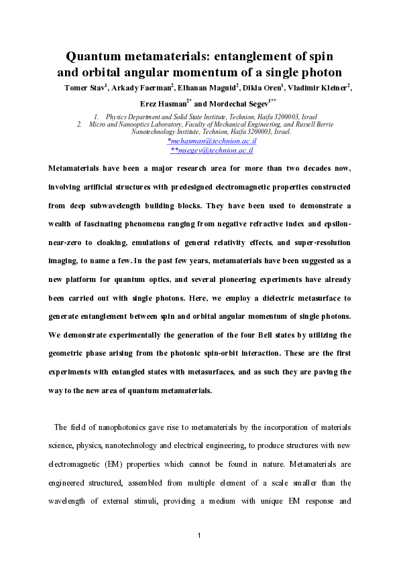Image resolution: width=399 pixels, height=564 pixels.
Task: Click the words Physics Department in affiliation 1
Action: click(135, 117)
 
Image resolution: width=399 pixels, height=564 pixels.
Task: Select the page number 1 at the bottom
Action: click(200, 535)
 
